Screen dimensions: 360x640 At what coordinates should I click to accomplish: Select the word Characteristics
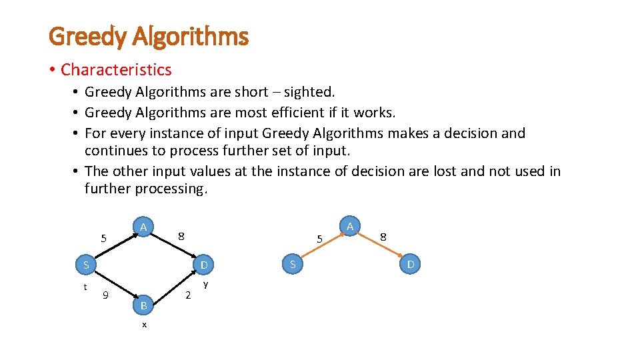point(116,69)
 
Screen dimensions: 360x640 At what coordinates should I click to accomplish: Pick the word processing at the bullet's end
point(171,189)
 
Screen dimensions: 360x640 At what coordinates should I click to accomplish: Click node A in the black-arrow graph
point(143,227)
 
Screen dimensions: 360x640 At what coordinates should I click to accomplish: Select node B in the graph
point(143,305)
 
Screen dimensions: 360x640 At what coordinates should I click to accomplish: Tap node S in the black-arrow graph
point(86,265)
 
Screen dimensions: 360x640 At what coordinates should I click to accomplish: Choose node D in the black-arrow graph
point(205,265)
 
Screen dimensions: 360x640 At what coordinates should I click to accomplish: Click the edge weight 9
point(105,295)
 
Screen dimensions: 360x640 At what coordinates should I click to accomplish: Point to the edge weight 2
point(188,295)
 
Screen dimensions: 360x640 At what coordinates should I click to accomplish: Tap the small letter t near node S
point(85,287)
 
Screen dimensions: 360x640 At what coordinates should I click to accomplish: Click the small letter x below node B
point(144,325)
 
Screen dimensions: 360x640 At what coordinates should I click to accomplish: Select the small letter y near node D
point(205,285)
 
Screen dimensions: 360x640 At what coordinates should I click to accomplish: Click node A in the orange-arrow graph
point(350,227)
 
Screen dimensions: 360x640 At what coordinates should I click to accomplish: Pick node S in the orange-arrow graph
point(292,265)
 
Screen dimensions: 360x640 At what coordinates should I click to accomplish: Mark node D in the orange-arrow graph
point(411,265)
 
